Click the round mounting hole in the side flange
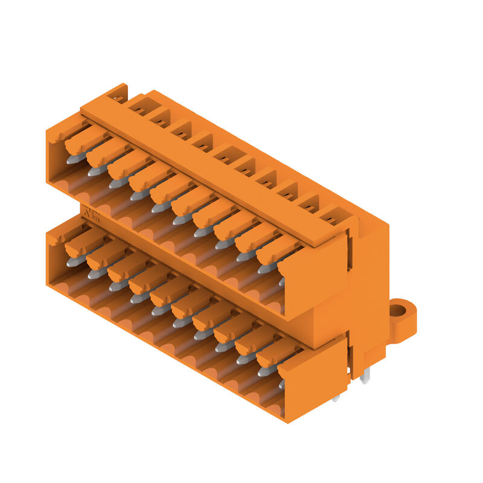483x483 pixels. pos(397,312)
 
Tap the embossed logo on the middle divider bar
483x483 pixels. pos(91,214)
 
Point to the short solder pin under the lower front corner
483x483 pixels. pos(336,397)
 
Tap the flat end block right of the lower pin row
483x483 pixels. pos(315,382)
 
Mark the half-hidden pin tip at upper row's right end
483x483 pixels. pos(281,281)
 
